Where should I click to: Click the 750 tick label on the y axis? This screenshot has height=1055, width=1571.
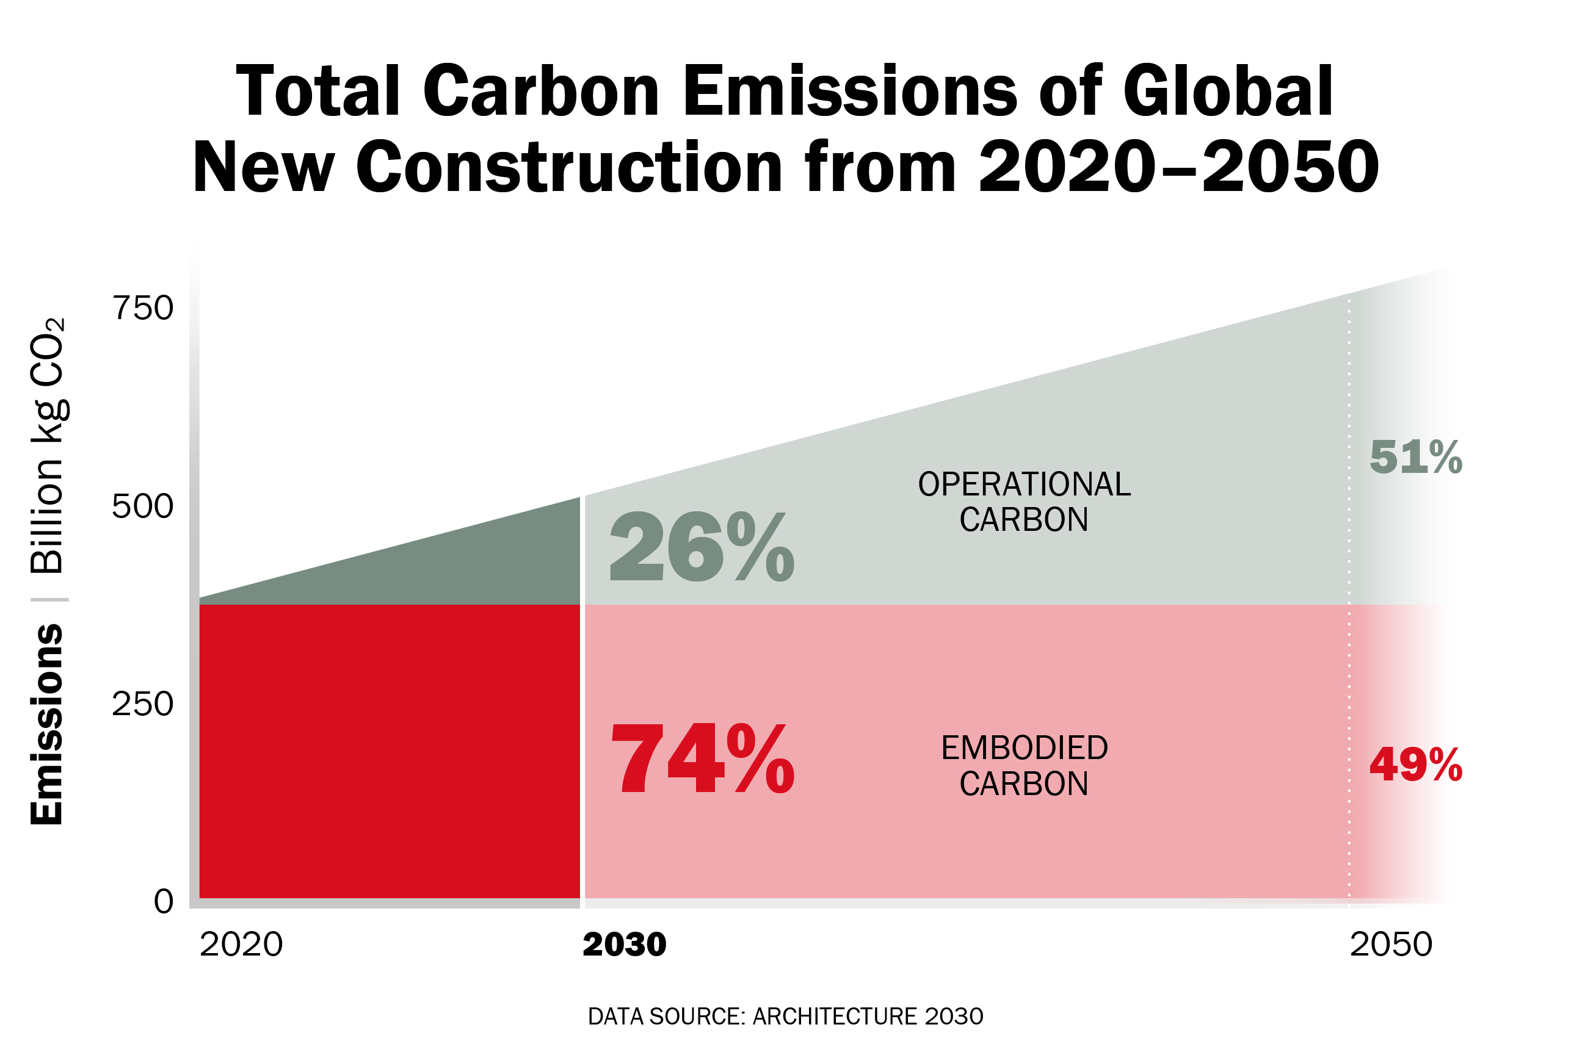click(143, 308)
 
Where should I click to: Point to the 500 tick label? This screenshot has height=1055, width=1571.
click(143, 506)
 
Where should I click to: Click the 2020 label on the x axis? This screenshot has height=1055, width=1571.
click(241, 945)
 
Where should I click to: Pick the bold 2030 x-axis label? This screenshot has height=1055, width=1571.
click(624, 945)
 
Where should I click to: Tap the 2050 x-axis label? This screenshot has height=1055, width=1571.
click(1391, 945)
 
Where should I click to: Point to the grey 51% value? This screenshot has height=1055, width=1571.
click(1415, 458)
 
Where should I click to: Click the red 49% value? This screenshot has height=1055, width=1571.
click(1415, 765)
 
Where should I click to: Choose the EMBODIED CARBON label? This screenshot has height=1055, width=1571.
click(1024, 766)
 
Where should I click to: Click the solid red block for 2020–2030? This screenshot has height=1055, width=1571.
click(389, 750)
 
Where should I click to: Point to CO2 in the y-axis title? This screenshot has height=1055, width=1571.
click(48, 353)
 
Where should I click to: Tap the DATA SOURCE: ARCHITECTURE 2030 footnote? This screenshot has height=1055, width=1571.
click(785, 1016)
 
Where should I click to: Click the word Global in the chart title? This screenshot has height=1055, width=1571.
click(1227, 92)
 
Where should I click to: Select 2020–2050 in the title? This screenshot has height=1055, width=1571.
click(1178, 166)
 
